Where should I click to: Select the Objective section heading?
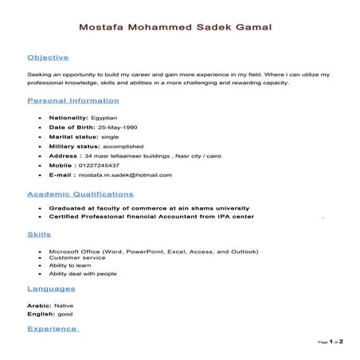[x=48, y=58]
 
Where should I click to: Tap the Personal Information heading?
[x=73, y=101]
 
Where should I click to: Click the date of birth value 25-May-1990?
[x=119, y=127]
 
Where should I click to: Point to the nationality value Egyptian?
[x=107, y=117]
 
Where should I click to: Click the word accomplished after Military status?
[x=123, y=146]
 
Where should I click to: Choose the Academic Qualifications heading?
[x=80, y=194]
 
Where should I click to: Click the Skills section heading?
[x=39, y=235]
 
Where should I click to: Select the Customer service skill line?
[x=77, y=258]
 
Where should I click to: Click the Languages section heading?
[x=51, y=288]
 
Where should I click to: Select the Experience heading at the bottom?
[x=53, y=328]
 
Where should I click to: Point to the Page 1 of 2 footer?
[x=330, y=342]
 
